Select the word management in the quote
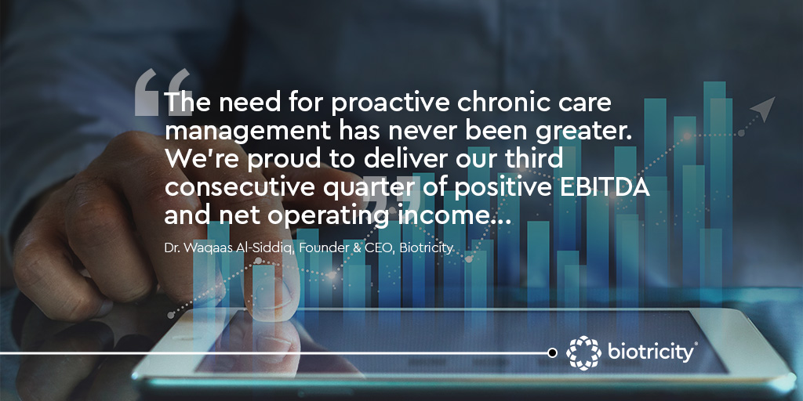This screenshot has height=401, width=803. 248,132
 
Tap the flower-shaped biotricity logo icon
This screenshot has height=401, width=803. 583,352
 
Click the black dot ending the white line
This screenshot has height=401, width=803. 552,353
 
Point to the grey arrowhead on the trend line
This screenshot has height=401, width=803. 763,108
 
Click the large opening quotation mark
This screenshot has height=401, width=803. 162,92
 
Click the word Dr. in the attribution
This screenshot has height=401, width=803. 172,249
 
